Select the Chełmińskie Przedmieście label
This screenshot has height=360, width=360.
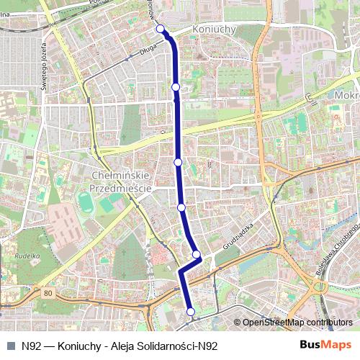click(120, 181)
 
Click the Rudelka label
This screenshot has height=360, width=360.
click(28, 255)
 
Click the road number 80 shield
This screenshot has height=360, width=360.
click(48, 293)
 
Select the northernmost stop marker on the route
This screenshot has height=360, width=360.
click(161, 29)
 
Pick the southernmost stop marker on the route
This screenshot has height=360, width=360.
click(191, 311)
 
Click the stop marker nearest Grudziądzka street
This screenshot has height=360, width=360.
click(197, 254)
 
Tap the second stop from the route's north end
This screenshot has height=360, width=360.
click(176, 87)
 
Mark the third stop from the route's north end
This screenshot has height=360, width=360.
click(178, 162)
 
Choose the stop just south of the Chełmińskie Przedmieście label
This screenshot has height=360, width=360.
click(181, 207)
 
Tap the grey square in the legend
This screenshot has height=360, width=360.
click(10, 346)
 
